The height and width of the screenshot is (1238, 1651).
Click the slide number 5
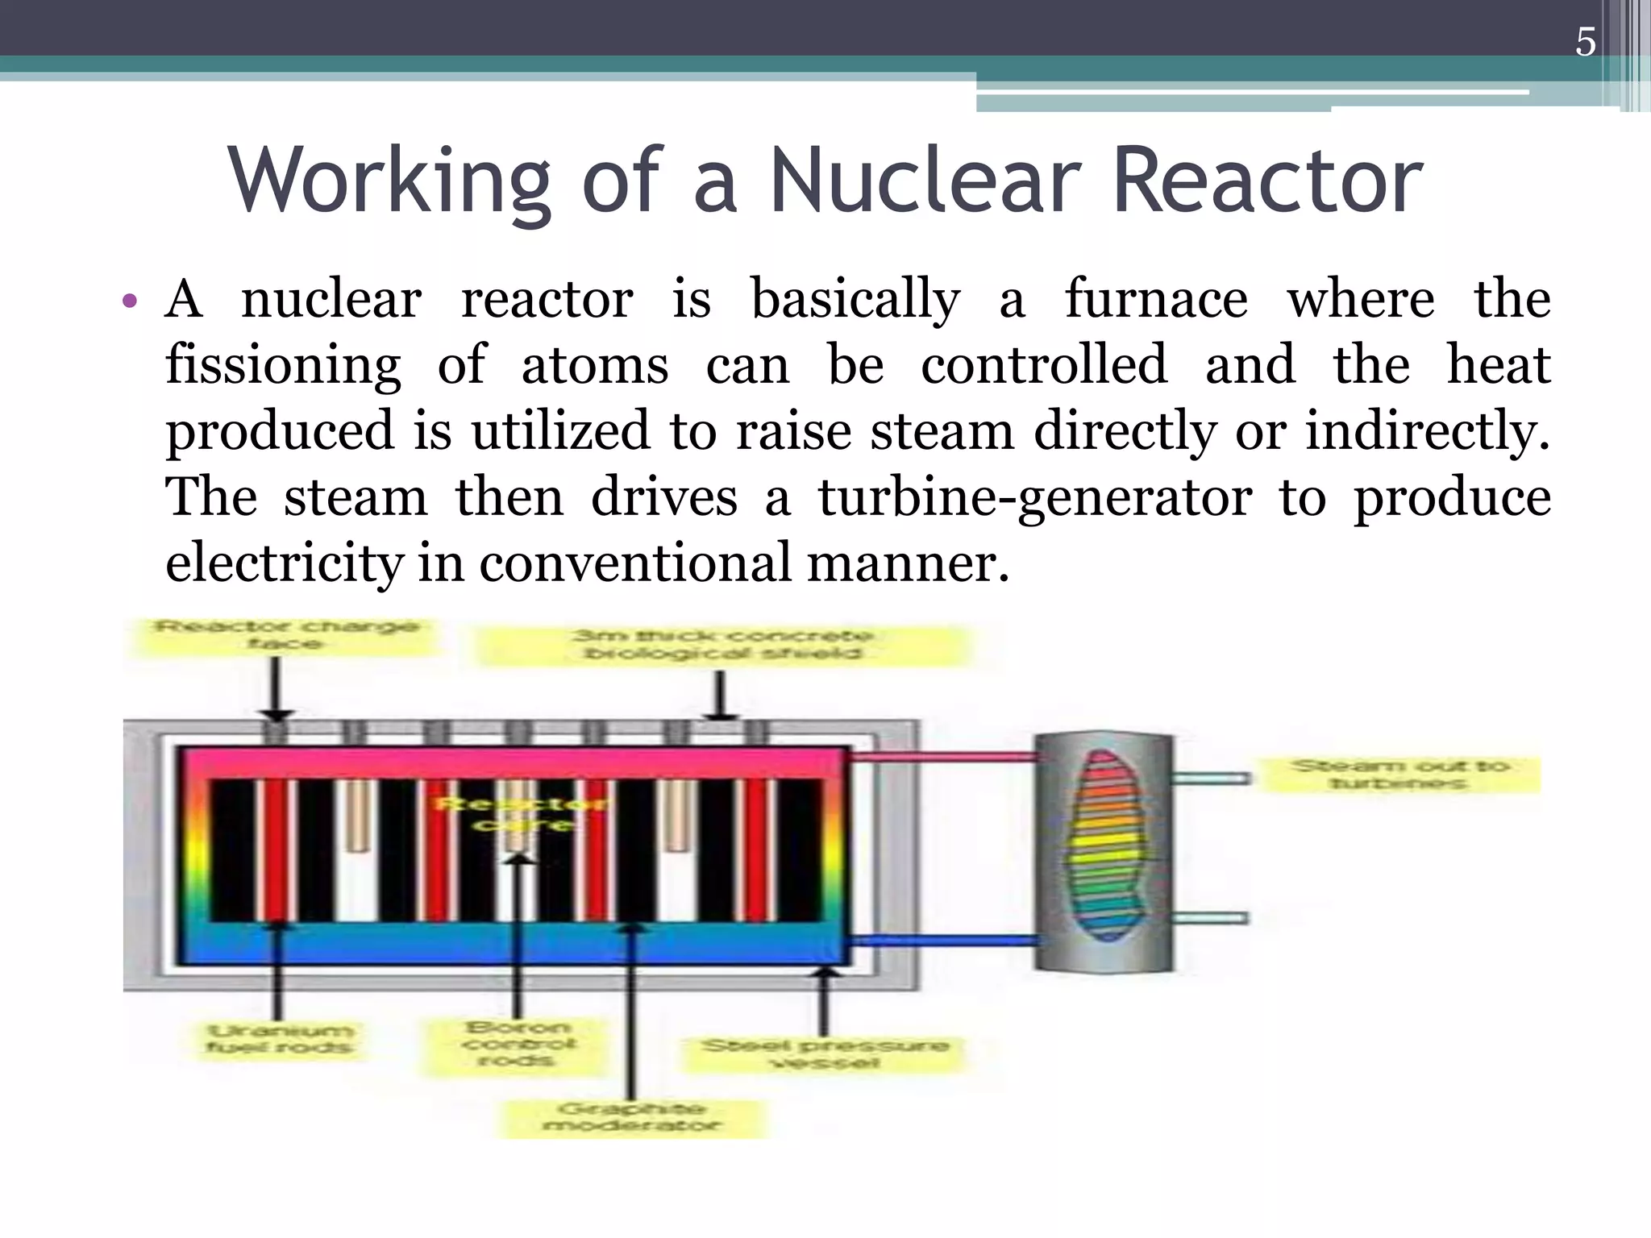click(1585, 42)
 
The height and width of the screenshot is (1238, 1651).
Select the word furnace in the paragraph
click(1156, 299)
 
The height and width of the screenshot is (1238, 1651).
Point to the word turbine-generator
click(1035, 497)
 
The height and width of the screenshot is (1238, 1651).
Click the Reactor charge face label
click(286, 635)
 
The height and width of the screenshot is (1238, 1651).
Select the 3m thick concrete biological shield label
click(722, 645)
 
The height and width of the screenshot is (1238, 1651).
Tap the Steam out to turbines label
click(1399, 775)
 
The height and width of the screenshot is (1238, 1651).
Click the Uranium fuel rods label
click(279, 1040)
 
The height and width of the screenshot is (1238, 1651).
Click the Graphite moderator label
click(632, 1118)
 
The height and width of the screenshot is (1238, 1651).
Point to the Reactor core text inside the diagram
click(523, 814)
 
